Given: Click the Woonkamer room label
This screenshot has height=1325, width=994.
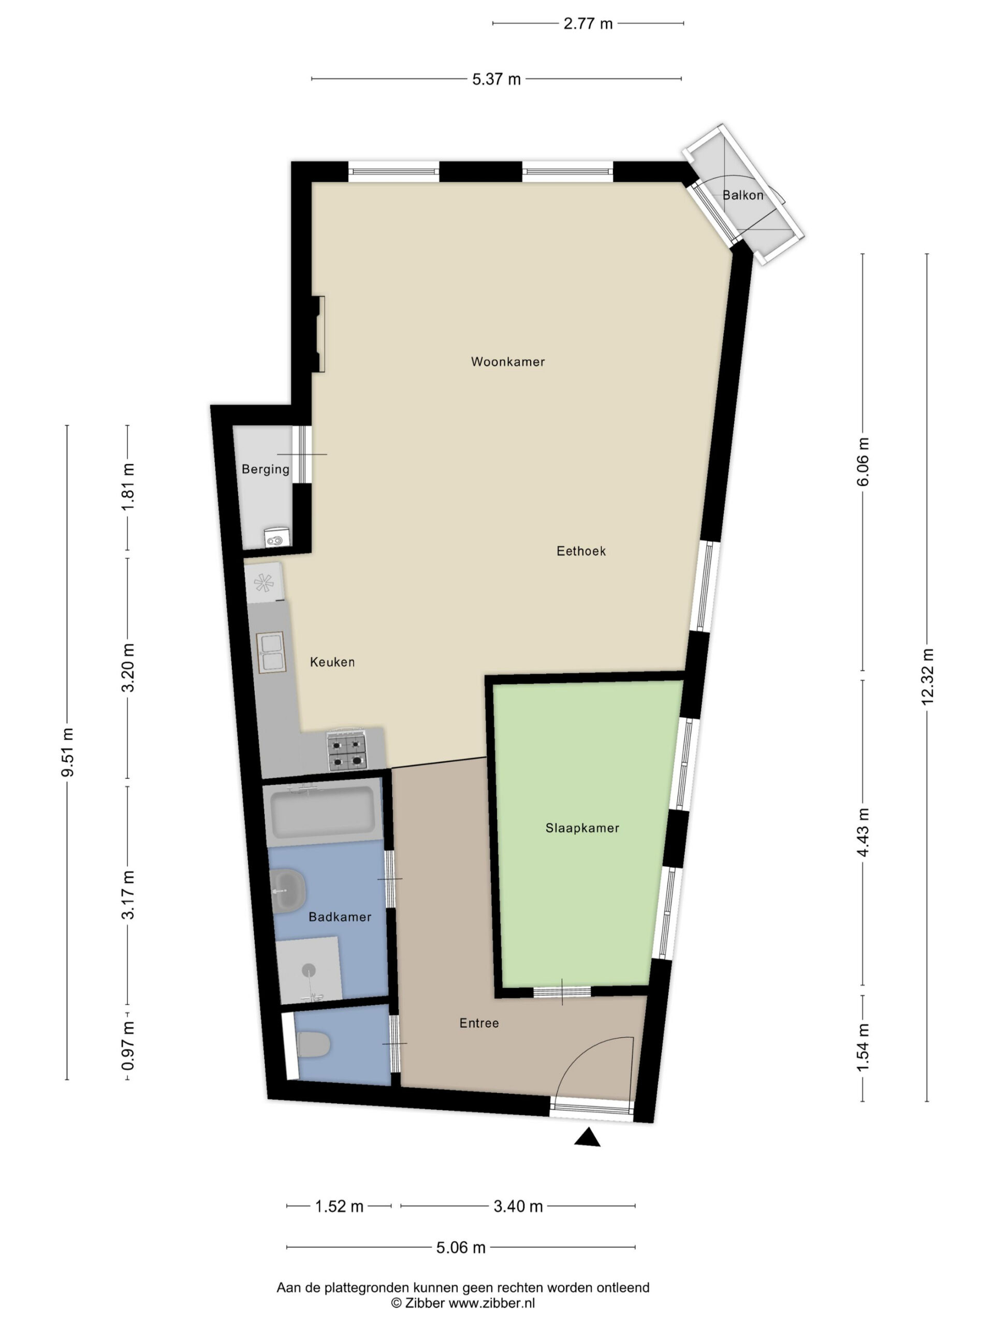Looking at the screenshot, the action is pos(507,362).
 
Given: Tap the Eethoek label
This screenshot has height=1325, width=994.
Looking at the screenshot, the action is pos(580,551).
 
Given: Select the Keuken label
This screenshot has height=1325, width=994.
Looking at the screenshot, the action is pos(332,662).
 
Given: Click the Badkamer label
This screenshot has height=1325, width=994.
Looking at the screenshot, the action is pos(340,917).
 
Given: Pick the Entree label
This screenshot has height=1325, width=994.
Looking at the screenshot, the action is pos(479,1023).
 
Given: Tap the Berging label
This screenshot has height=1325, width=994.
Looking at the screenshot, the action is pos(266,469).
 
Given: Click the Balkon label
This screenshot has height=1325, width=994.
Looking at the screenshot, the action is pos(742,195).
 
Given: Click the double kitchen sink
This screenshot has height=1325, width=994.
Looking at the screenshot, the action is pos(271,652).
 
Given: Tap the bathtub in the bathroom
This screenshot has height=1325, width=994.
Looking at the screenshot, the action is pos(323,812).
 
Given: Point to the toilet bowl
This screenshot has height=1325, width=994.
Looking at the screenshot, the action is pos(313,1044).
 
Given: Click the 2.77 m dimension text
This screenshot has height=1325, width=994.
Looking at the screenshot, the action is pos(588,23).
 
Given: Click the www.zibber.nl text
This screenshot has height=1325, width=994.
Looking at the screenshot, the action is pos(492,1303).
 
